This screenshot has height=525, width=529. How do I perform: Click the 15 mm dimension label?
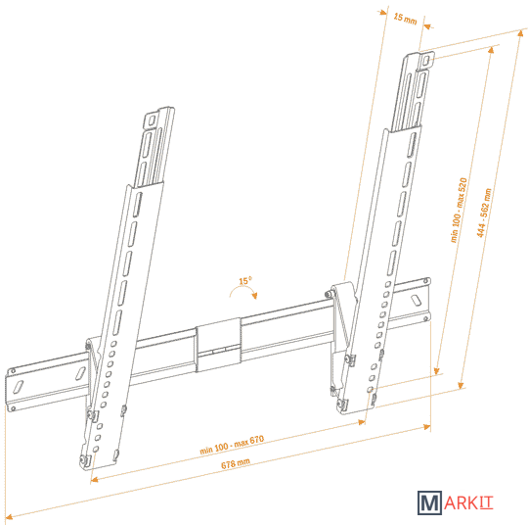coord(405,19)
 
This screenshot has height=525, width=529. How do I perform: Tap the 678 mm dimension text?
coord(235,463)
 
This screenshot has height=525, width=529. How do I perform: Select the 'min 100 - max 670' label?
coord(232,445)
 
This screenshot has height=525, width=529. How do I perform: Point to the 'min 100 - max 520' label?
coord(459,210)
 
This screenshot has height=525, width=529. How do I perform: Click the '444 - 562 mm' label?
coord(484,213)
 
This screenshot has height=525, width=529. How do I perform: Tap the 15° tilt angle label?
coord(245,280)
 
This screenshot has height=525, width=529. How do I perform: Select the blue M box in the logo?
coord(429,502)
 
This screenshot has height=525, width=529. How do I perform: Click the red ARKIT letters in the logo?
coord(468,503)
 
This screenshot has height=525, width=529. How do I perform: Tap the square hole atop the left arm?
coord(151,119)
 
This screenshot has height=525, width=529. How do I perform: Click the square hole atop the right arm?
coord(426,60)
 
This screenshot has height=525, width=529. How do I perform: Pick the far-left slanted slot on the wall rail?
coord(18,387)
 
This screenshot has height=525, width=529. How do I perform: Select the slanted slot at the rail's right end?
coord(416,300)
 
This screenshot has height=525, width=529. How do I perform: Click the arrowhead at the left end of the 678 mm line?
coord(9,516)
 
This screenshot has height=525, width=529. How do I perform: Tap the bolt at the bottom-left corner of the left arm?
coord(84,459)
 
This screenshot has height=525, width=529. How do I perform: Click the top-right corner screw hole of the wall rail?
coord(426,280)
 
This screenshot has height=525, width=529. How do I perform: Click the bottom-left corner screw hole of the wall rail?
coord(13,408)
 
